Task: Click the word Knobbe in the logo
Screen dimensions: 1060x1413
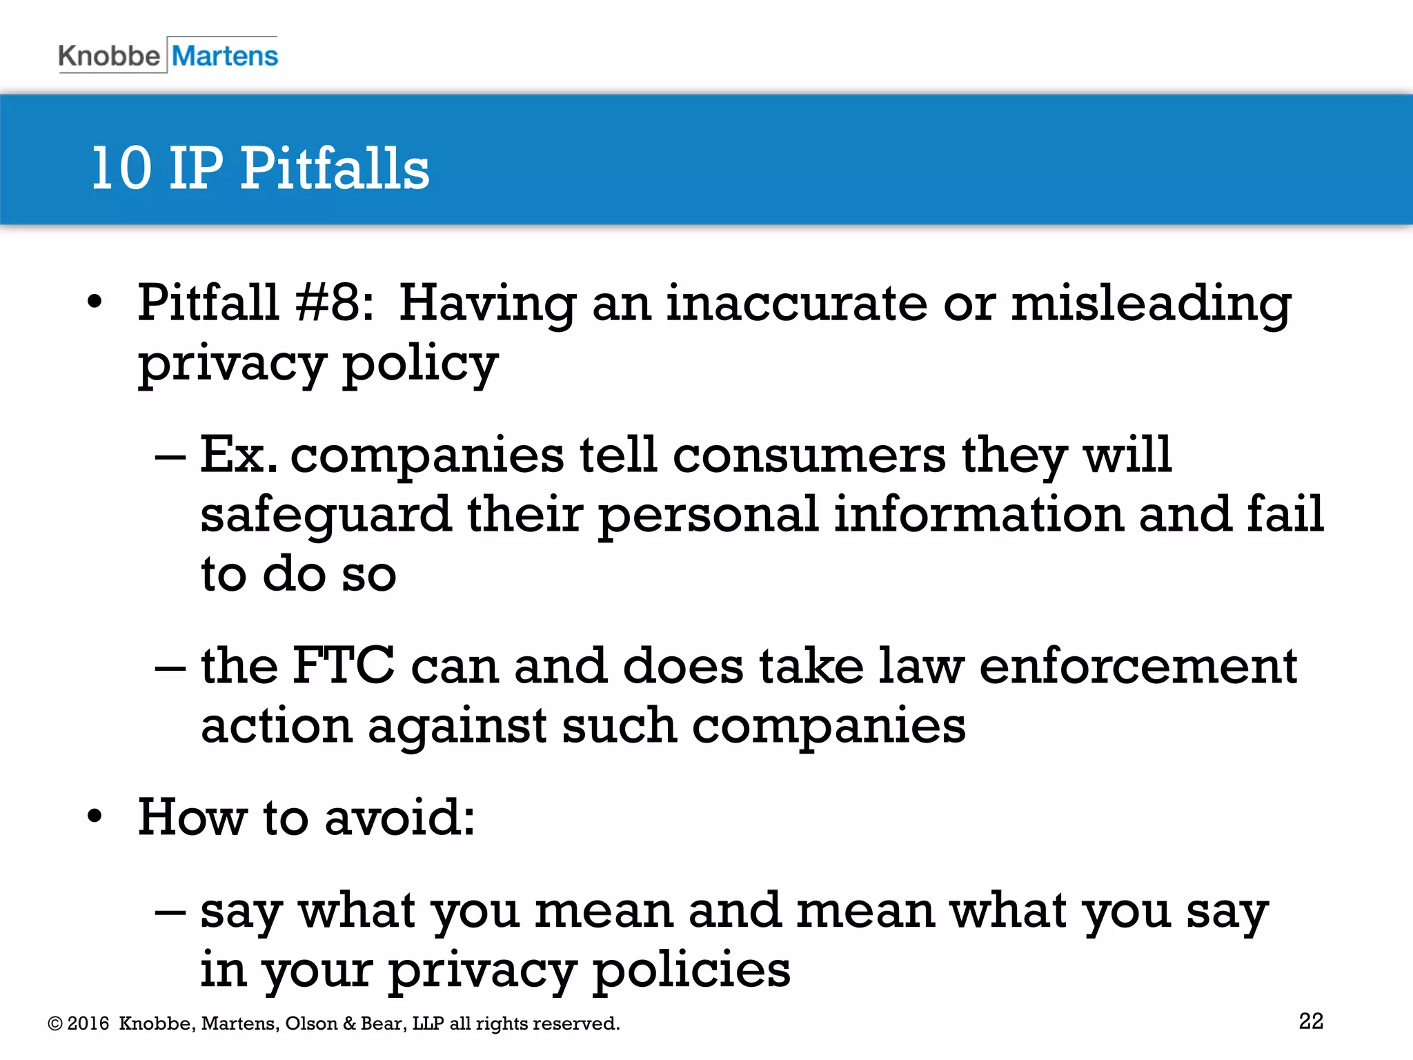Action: pyautogui.click(x=109, y=56)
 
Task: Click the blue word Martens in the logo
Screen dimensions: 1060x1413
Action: pyautogui.click(x=225, y=56)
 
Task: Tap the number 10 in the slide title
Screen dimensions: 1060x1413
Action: pyautogui.click(x=121, y=168)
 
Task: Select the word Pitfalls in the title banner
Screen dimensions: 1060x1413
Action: pyautogui.click(x=335, y=168)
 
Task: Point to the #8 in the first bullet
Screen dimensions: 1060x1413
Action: pyautogui.click(x=333, y=303)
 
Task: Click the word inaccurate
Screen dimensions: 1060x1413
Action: pyautogui.click(x=796, y=303)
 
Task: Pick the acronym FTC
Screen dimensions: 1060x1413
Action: pyautogui.click(x=344, y=666)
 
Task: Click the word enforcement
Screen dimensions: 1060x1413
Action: pyautogui.click(x=1138, y=666)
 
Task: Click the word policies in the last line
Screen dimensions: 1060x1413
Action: pyautogui.click(x=691, y=970)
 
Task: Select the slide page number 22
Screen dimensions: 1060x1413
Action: pyautogui.click(x=1311, y=1021)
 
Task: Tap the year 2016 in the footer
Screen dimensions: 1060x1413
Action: pyautogui.click(x=88, y=1023)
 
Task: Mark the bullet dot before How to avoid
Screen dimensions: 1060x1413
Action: pyautogui.click(x=95, y=817)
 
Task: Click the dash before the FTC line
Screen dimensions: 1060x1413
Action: pyautogui.click(x=170, y=667)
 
